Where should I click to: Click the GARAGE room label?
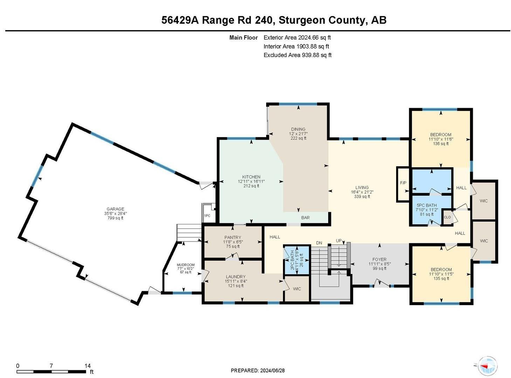[115, 209]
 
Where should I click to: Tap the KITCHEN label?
[251, 177]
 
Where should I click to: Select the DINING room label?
[298, 129]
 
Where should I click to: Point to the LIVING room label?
[362, 187]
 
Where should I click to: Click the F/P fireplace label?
[403, 183]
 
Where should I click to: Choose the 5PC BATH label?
[427, 205]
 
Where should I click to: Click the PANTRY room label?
[233, 237]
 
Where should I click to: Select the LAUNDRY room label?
[235, 276]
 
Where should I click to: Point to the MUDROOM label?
[186, 265]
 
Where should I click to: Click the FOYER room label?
[379, 259]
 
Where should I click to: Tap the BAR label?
[305, 218]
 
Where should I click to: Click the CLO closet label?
[447, 217]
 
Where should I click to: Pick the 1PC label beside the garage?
[207, 216]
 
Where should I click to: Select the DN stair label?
[319, 243]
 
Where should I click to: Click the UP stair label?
[338, 240]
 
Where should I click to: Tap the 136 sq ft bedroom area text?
[441, 143]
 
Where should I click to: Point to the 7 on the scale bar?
[51, 365]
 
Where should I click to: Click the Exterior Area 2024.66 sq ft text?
[297, 37]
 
